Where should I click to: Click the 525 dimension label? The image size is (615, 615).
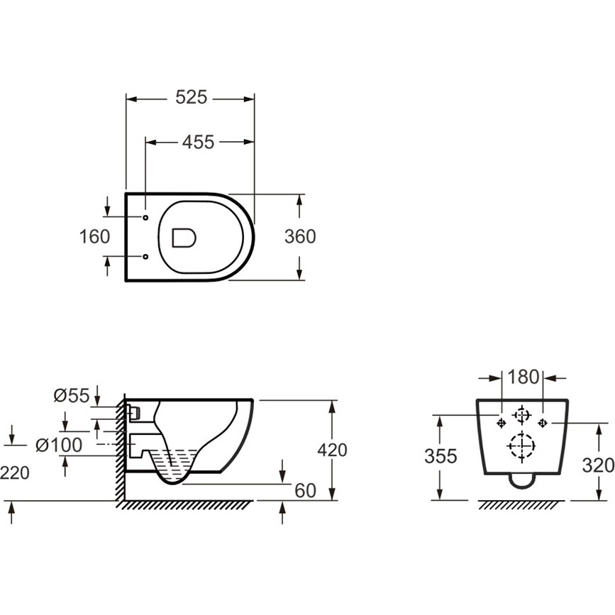191,97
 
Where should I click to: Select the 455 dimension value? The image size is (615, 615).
198,142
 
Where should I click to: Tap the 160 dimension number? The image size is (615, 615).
94,237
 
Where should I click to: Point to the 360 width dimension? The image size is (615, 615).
300,237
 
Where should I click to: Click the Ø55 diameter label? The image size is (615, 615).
72,395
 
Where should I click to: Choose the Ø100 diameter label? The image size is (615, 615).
59,445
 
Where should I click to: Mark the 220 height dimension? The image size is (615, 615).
14,473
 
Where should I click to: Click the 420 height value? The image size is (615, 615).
332,450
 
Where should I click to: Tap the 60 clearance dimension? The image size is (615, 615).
305,491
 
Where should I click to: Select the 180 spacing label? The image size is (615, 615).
523,377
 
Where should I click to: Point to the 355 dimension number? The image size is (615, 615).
441,457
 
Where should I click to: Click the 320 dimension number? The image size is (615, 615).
598,465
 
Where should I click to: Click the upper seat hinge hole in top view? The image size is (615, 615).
145,217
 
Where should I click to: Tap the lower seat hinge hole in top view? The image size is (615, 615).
145,257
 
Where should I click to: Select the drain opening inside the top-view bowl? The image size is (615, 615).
184,238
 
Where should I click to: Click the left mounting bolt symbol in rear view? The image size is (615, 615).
502,423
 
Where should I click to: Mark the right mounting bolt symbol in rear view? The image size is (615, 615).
543,423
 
